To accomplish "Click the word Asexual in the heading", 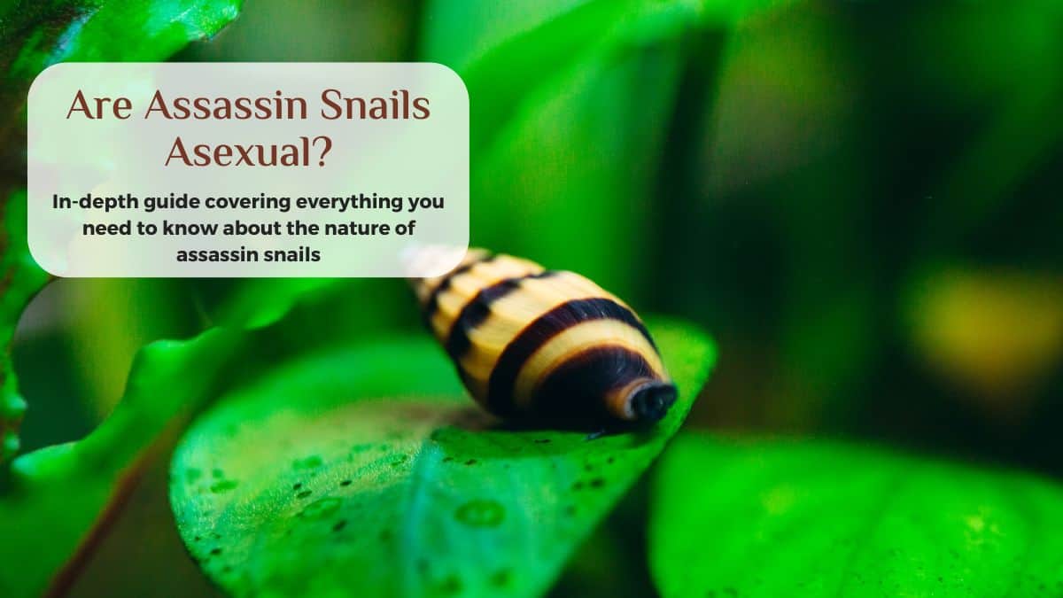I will (237, 152).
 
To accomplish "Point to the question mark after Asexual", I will (323, 152).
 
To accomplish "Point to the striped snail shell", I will (541, 340).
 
